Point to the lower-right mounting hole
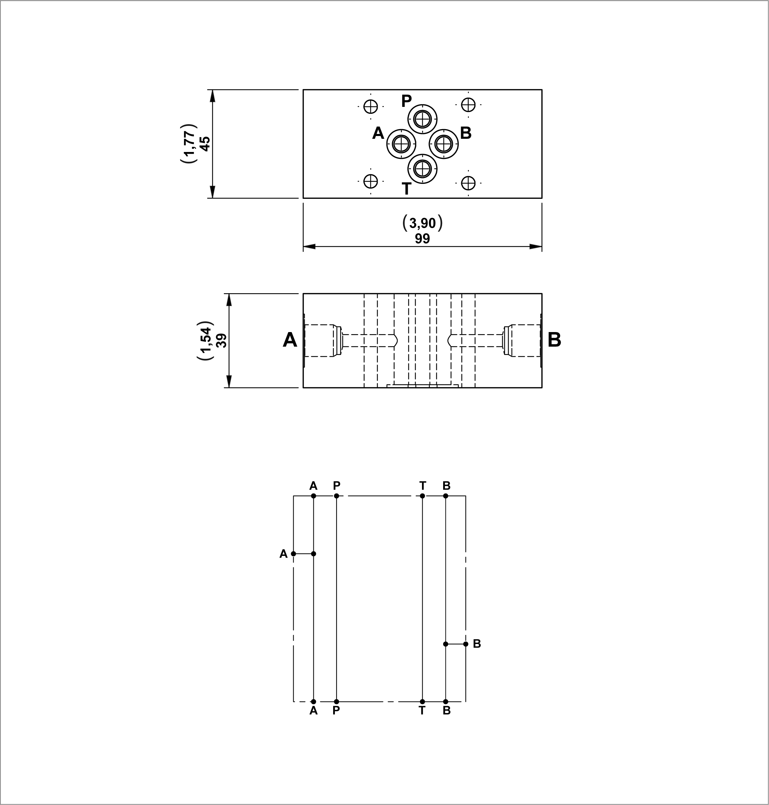pos(468,183)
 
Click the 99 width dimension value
pos(422,238)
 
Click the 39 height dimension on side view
pos(221,341)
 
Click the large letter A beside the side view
pos(290,340)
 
